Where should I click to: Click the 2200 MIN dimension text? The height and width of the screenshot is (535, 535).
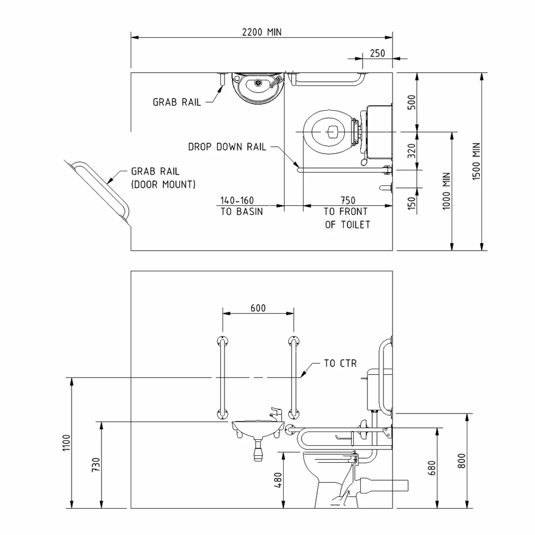(262, 32)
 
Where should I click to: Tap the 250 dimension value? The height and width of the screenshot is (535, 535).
(377, 53)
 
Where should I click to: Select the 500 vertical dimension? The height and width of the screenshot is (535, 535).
(412, 102)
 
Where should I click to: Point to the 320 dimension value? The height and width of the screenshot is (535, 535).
(412, 151)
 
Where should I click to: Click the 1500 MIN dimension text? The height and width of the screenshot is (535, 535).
(477, 161)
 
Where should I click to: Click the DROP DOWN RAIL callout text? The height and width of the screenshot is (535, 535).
(227, 147)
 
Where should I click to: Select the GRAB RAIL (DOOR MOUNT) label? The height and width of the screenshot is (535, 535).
(163, 177)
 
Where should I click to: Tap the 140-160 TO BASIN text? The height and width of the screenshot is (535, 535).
(242, 206)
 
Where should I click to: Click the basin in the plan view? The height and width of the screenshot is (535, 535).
(257, 87)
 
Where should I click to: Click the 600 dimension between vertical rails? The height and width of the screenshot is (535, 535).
(258, 308)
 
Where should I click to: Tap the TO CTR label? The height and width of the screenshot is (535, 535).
(340, 363)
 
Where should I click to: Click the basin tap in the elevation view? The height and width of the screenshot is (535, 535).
(276, 413)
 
